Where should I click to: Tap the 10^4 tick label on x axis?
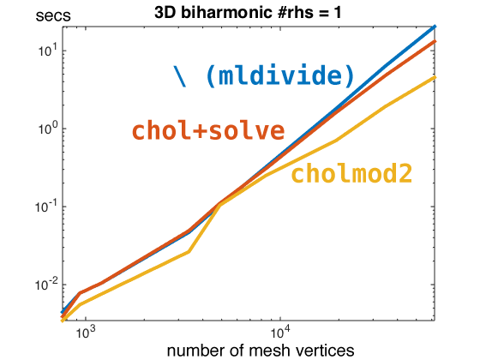click(279, 333)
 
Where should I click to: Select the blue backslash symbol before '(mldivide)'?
click(179, 75)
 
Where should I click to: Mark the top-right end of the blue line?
click(435, 27)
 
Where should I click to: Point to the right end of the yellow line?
click(435, 77)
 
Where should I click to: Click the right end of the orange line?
click(435, 41)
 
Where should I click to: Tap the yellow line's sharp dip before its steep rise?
click(189, 252)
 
